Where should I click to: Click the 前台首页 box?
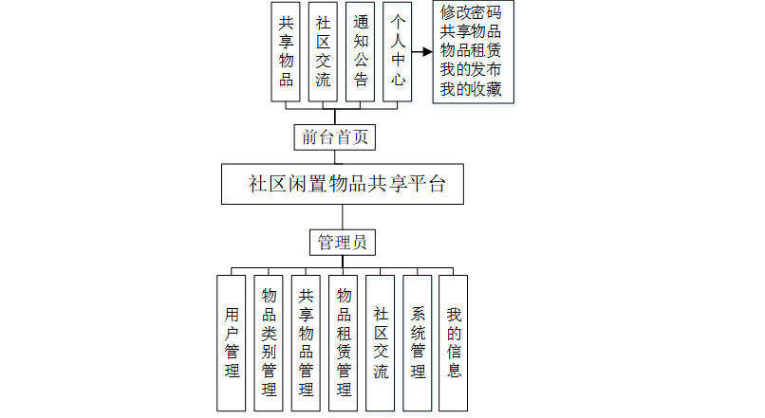click(335, 137)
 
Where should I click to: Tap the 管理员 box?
click(343, 242)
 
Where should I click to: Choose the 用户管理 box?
click(231, 342)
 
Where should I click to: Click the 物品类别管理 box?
click(269, 342)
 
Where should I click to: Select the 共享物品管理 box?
click(306, 342)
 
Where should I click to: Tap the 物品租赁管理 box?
click(343, 342)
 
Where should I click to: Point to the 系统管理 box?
click(418, 342)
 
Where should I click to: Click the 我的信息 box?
click(454, 342)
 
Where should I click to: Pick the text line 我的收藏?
click(471, 90)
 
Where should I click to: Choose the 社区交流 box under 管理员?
click(380, 342)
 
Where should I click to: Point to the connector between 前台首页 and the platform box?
click(342, 157)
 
